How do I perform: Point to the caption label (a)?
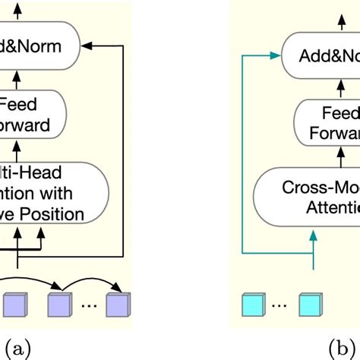coord(17,349)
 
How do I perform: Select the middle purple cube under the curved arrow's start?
coord(59,306)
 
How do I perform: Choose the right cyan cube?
coord(308,306)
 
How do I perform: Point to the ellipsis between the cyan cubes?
coord(279,308)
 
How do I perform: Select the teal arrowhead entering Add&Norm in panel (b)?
coord(276,55)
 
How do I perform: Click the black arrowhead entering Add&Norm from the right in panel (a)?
coord(90,46)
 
